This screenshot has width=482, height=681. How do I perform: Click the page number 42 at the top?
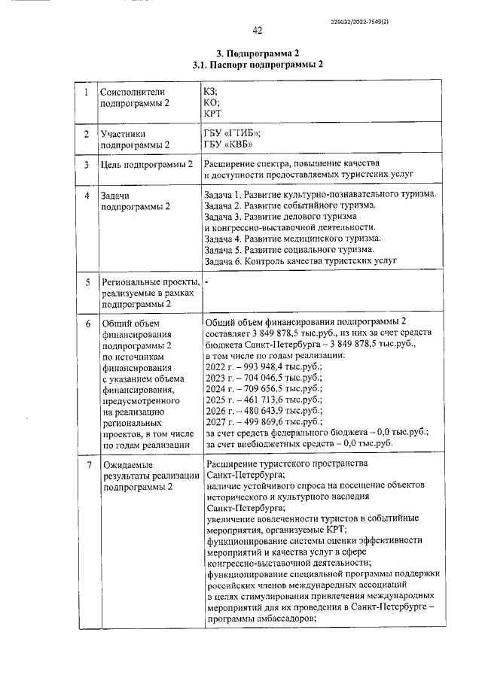[257, 30]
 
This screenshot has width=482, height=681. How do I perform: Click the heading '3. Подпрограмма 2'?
[258, 53]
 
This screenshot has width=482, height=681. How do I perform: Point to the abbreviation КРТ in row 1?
[213, 114]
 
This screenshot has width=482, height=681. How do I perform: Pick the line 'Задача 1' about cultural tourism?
[320, 195]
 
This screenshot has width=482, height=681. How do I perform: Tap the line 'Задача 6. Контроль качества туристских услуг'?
[301, 260]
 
